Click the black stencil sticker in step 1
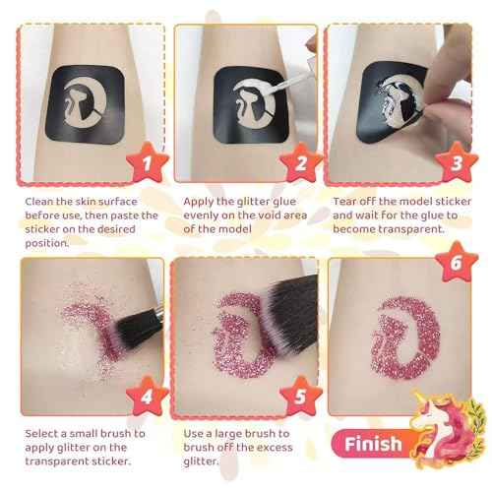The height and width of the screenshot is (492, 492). [x=78, y=92]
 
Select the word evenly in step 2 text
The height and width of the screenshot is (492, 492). [x=204, y=215]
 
